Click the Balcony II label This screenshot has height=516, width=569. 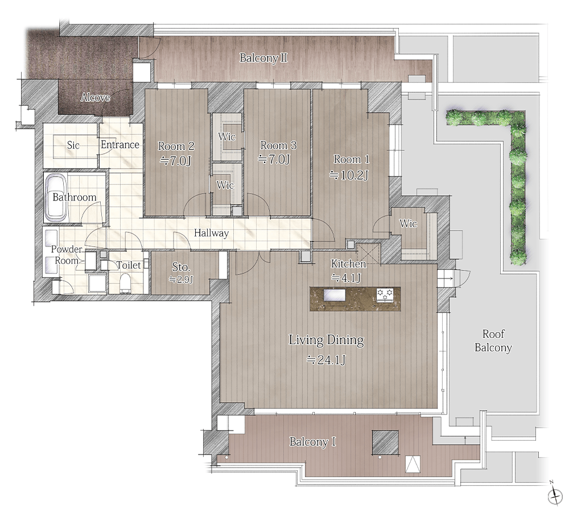(x=263, y=58)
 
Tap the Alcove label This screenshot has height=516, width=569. (x=95, y=97)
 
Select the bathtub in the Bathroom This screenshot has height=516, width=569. (x=56, y=198)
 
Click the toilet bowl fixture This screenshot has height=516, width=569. (x=125, y=283)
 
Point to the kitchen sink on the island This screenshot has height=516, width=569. (x=335, y=294)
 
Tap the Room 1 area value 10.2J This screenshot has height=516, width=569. (x=349, y=175)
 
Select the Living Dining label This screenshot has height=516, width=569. (x=326, y=340)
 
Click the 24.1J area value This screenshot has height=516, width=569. (x=326, y=360)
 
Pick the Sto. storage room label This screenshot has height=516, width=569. (x=181, y=267)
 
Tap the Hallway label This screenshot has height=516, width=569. (x=211, y=233)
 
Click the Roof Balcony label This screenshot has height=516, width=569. (x=493, y=341)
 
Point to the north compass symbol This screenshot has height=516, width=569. (x=554, y=494)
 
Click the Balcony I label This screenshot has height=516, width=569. (x=312, y=442)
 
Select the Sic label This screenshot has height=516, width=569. (x=73, y=145)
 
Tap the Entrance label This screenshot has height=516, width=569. (x=120, y=145)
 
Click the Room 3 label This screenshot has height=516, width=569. (x=278, y=146)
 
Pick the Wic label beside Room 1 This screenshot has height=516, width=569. (x=408, y=224)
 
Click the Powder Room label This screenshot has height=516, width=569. (x=67, y=255)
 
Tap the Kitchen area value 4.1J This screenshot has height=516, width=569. (x=346, y=278)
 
